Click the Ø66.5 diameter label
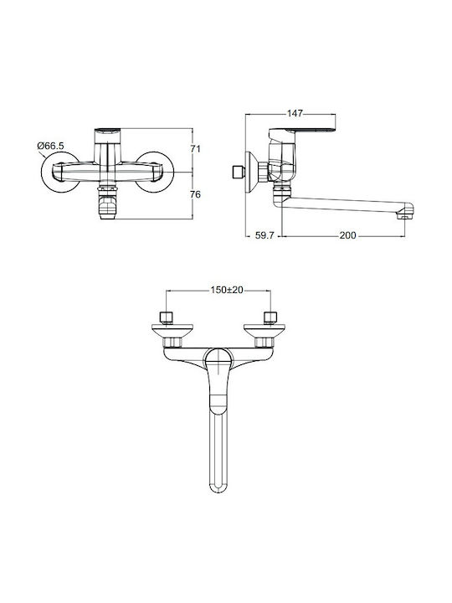(x=51, y=146)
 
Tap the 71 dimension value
(x=196, y=148)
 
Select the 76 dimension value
(x=196, y=194)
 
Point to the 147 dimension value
(x=295, y=113)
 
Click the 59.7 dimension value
(x=265, y=235)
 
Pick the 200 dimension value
(x=348, y=235)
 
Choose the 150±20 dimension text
(x=227, y=290)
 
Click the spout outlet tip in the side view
(x=406, y=212)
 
